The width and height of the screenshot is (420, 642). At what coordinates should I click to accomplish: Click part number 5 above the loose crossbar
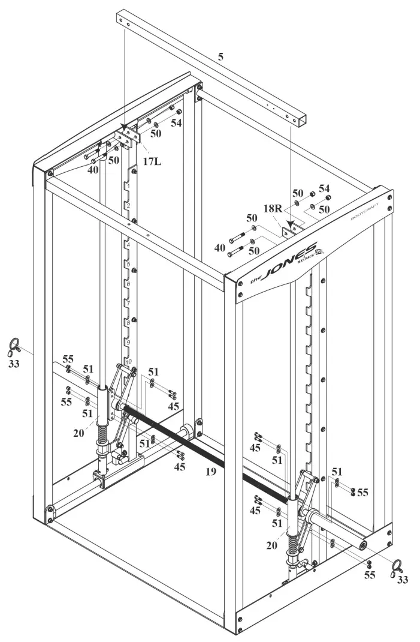[221, 58]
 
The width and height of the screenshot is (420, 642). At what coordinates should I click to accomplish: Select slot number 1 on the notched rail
[128, 187]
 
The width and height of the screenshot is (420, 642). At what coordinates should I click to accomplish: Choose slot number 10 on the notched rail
[128, 362]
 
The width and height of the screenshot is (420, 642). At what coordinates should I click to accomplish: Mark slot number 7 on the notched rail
[128, 304]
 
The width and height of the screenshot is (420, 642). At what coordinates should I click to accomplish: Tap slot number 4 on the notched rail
[128, 245]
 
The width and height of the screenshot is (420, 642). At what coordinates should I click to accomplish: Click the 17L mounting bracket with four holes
[124, 140]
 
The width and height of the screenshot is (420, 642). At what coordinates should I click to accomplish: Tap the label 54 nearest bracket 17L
[176, 123]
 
